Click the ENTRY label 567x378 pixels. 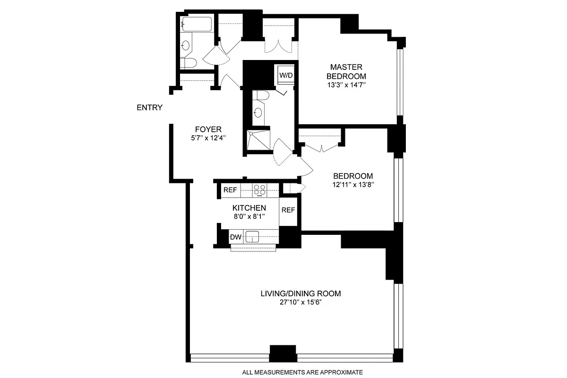tap(149, 108)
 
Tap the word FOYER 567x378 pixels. tap(208, 129)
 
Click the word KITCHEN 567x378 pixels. tap(249, 208)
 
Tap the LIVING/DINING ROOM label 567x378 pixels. tap(301, 293)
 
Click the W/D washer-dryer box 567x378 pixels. tap(286, 75)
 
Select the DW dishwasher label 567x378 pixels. tap(235, 237)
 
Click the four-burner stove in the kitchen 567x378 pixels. tap(259, 190)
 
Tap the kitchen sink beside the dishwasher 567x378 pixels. tap(252, 237)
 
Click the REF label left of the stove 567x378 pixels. tap(230, 190)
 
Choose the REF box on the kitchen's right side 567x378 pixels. tap(288, 210)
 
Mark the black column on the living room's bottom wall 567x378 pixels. tap(283, 353)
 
